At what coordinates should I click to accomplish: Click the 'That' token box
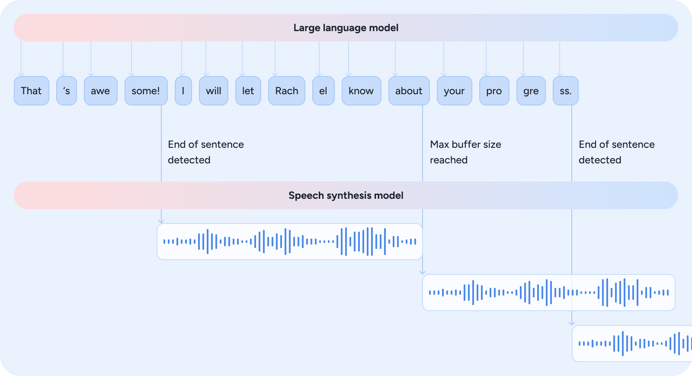(32, 91)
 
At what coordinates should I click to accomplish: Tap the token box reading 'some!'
(146, 91)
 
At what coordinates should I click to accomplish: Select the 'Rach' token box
(287, 91)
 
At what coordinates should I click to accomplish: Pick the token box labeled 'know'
(361, 91)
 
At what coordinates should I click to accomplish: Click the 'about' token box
(409, 91)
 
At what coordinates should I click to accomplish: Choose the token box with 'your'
(454, 91)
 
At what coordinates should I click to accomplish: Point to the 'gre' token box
(531, 91)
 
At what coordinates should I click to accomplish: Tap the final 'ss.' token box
(566, 91)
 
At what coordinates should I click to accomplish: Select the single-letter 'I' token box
(183, 91)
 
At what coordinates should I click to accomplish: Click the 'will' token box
(214, 91)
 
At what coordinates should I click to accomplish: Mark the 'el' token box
(323, 91)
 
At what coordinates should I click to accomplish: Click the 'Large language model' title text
(346, 28)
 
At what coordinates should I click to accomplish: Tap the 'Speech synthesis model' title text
(346, 195)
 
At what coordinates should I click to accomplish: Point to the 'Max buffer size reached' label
(465, 152)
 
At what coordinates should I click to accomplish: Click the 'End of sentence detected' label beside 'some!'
(205, 152)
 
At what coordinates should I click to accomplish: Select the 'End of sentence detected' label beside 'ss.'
(616, 152)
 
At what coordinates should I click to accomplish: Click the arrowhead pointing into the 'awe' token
(90, 74)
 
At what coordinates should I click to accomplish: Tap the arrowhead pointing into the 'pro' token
(486, 74)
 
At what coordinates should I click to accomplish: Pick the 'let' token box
(248, 91)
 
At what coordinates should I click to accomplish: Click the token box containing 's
(67, 91)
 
